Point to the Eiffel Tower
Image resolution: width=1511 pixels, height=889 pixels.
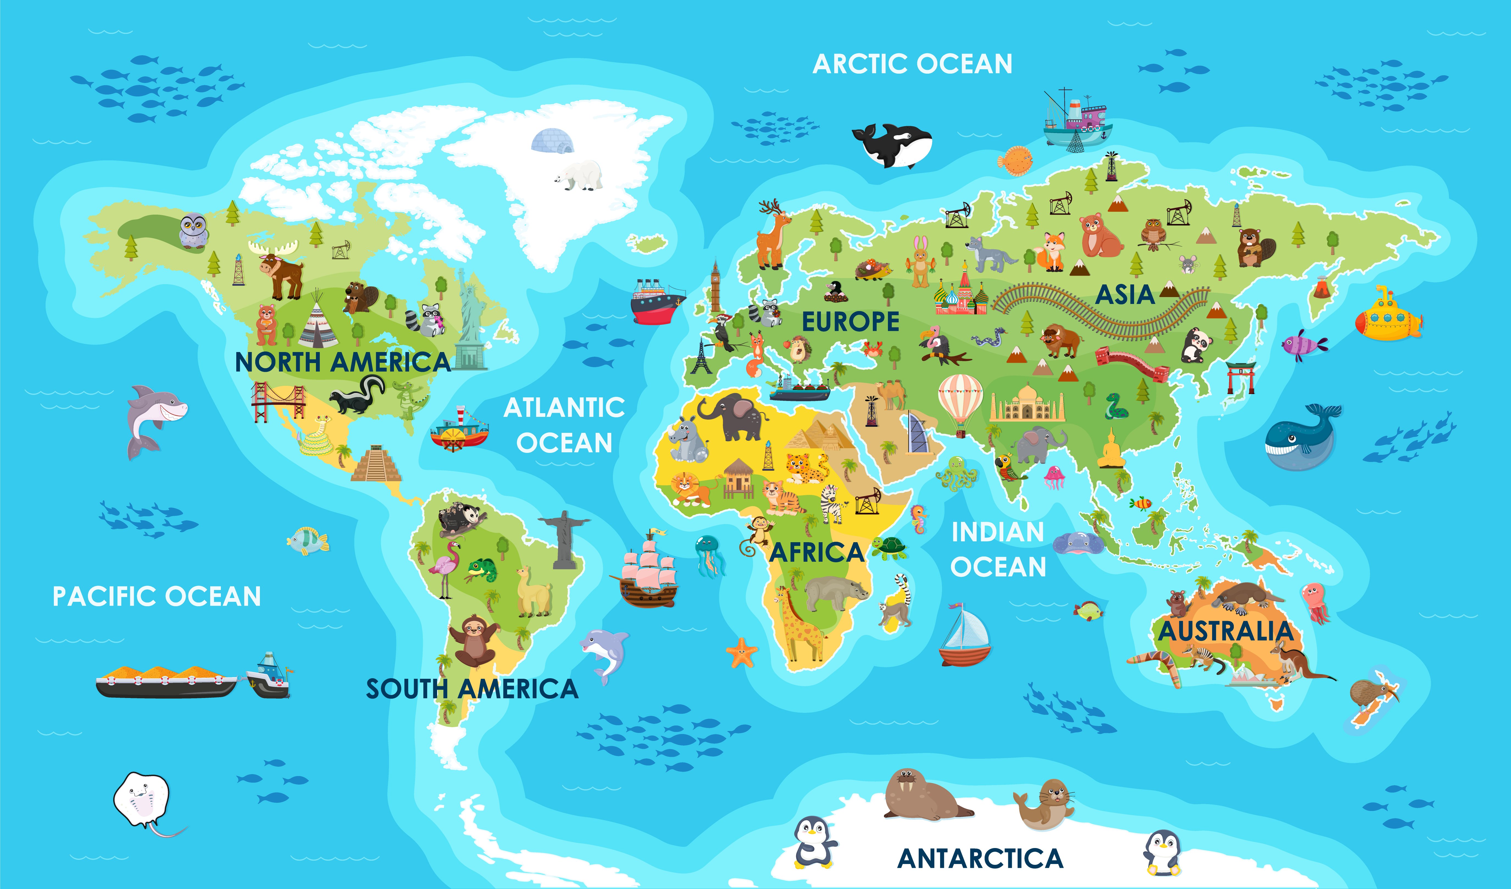coord(700,358)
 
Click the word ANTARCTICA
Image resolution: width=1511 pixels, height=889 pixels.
coord(980,858)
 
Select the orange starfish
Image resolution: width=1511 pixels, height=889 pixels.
coord(742,653)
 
